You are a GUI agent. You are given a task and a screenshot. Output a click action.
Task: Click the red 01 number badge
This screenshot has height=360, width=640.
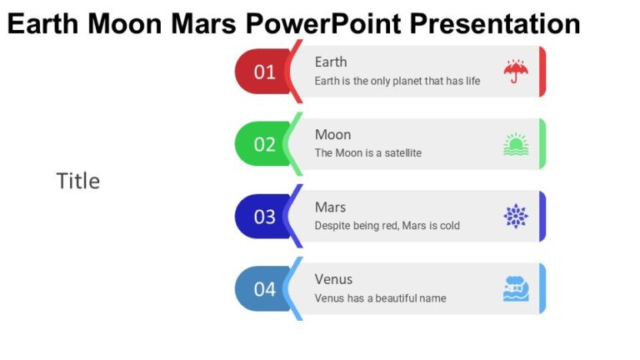coord(262,72)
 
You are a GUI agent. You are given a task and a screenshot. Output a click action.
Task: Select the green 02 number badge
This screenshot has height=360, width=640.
coord(262,144)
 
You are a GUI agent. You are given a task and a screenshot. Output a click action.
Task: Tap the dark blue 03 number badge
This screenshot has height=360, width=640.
coord(262,217)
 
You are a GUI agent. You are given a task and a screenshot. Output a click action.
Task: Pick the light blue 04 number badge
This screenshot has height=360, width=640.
coord(262,289)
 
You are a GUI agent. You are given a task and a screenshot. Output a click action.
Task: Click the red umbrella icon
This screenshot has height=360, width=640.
coord(516,72)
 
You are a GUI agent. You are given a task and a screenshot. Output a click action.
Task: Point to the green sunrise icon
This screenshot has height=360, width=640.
coord(516,144)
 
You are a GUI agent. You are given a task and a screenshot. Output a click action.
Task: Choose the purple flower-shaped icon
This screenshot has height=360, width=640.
coord(516,217)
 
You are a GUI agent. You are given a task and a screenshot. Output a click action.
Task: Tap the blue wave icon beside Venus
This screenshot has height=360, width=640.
coord(516,289)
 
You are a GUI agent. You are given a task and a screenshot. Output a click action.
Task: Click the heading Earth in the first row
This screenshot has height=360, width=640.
coord(331,62)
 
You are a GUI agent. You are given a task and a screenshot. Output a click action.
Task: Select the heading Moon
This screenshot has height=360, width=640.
coord(332,134)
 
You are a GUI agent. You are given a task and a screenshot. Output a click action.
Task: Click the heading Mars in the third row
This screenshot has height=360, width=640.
coord(331,207)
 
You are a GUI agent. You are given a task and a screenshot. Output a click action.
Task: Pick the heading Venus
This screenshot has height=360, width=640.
coord(333,279)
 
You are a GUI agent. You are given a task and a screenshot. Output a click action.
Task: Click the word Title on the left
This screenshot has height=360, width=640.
coord(78,181)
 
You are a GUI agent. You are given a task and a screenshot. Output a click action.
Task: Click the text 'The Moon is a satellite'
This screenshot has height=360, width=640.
coord(367,153)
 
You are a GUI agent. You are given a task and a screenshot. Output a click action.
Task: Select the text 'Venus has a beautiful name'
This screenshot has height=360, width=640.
coord(380,298)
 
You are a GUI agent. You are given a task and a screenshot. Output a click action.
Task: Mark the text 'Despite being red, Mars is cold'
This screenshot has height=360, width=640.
coord(387,226)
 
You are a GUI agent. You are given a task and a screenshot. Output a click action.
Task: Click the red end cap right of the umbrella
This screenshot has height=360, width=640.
coord(542,72)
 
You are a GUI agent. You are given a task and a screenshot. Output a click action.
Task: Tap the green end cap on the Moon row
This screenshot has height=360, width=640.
coord(542,144)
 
